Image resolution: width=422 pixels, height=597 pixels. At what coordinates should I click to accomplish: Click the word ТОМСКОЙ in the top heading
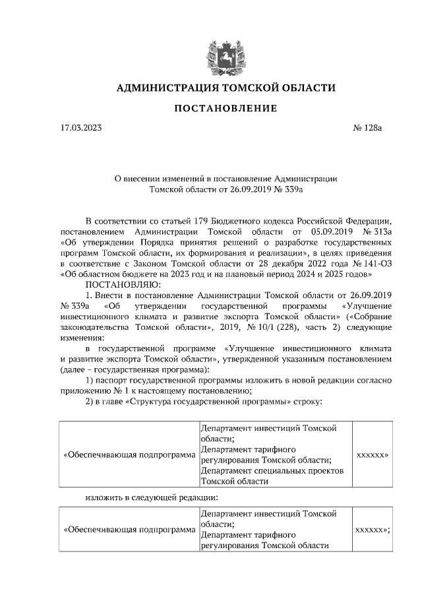point(248,88)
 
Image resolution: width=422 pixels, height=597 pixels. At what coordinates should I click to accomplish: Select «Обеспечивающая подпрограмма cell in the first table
point(129,455)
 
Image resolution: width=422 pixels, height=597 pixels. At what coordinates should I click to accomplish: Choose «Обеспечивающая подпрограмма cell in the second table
point(129,529)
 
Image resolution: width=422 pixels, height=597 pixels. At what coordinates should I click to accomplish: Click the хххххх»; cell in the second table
point(373,529)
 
